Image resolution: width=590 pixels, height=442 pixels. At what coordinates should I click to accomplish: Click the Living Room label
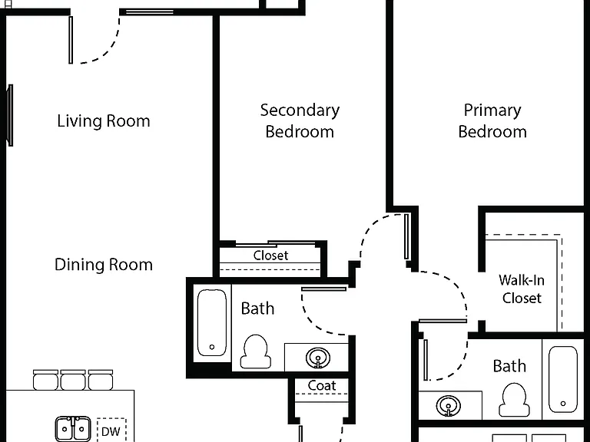pos(104,121)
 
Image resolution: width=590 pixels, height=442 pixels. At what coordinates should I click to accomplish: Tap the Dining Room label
pos(104,265)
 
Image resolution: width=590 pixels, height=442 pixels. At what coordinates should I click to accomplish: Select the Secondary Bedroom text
pos(300,120)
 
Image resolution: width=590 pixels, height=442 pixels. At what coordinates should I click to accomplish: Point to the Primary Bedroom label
pos(492,120)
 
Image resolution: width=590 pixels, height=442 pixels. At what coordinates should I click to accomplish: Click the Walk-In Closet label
pos(522,289)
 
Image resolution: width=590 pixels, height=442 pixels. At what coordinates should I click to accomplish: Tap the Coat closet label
pos(322,385)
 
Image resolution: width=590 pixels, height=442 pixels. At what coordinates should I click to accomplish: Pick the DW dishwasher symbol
pos(111,431)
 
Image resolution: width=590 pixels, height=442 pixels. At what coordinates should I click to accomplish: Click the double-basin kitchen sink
pos(73,428)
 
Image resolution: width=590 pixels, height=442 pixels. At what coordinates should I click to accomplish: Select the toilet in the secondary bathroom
pos(256,351)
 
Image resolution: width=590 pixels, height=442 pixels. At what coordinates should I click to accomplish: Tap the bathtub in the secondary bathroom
pos(212,322)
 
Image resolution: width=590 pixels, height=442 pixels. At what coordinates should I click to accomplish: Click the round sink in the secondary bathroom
pos(318,358)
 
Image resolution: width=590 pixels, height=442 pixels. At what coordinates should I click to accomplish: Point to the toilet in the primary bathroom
pos(514,400)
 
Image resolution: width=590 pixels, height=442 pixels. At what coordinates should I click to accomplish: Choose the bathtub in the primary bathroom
pos(563,379)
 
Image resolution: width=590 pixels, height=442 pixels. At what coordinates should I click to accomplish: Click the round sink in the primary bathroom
pos(448,406)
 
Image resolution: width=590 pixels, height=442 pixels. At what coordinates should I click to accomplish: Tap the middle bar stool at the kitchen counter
pos(73,380)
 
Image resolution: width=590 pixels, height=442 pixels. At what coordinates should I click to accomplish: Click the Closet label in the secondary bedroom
pos(270,256)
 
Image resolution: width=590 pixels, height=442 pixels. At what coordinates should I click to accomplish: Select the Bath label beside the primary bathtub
pos(509,366)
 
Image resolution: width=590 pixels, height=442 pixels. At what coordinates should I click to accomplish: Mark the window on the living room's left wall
pos(10,115)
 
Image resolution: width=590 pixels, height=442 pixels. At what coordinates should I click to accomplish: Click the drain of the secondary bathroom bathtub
pos(212,348)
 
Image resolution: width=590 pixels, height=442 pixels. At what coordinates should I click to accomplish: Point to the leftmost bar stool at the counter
pos(45,380)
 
